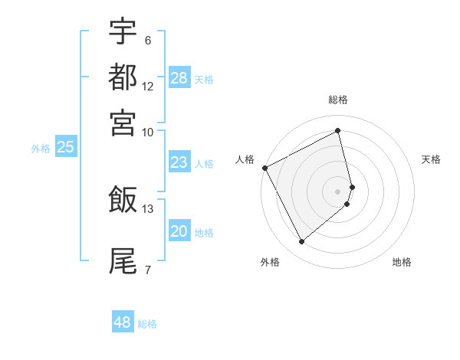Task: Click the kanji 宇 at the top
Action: point(123,31)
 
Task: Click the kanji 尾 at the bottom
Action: point(123,260)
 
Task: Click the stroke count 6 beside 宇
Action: point(147,41)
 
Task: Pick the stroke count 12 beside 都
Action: point(148,87)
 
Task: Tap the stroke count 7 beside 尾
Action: point(147,270)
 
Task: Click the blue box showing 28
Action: point(179,77)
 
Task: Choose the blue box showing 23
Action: point(179,162)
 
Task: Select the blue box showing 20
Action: point(179,231)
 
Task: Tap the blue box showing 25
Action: point(65,147)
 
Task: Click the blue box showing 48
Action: point(123,322)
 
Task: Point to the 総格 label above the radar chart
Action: point(338,100)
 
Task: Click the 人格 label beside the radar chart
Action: point(245,159)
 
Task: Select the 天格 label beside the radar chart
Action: point(431,159)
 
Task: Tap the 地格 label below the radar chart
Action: point(402,262)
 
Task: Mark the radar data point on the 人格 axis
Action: point(264,168)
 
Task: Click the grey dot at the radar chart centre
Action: point(338,191)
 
